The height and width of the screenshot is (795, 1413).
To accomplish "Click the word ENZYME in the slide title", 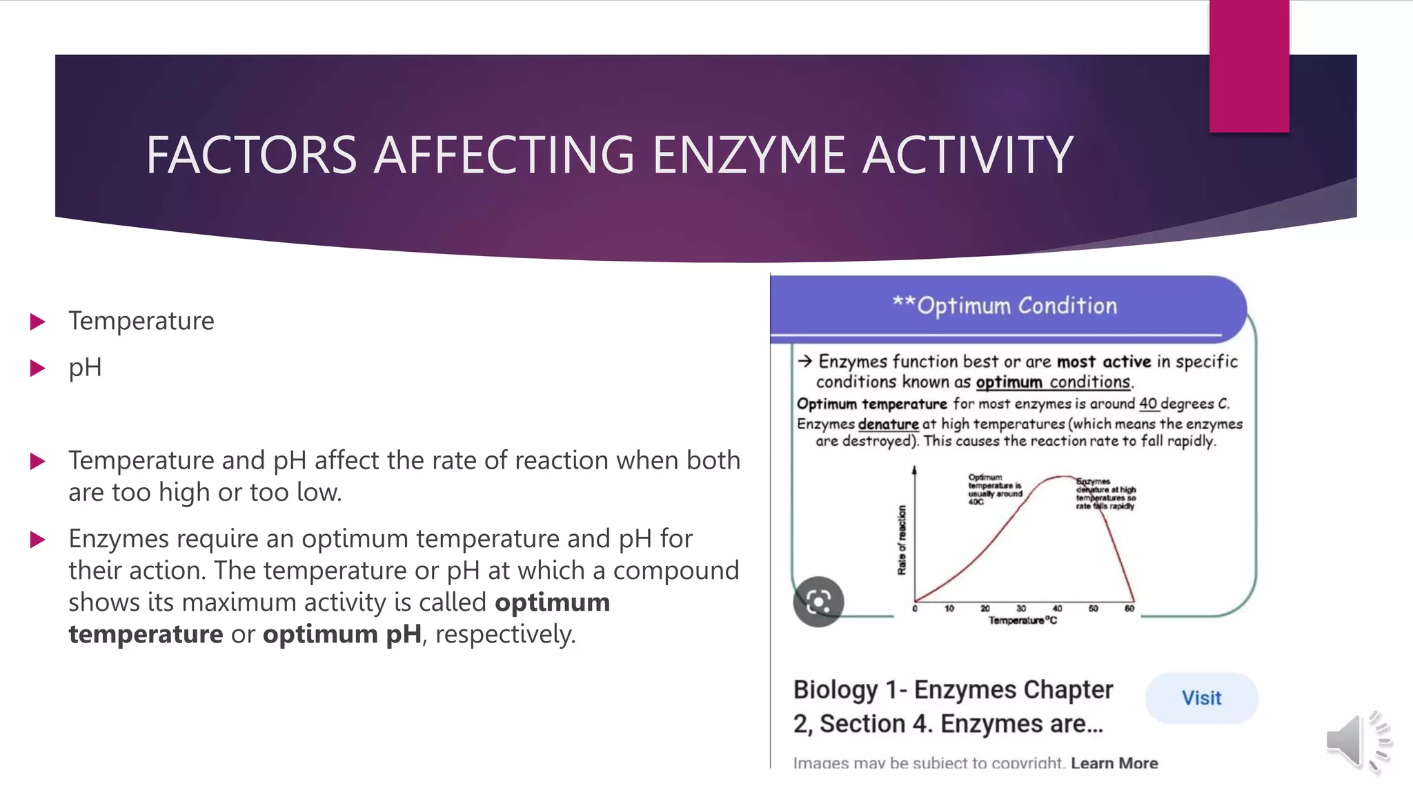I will pos(749,155).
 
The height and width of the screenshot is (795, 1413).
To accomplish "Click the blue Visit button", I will pos(1201,698).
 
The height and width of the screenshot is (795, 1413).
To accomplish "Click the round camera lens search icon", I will pos(818,602).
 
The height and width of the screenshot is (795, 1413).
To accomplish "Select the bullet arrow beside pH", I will pos(38,368).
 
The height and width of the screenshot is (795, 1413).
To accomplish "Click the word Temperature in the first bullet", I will pos(141,321).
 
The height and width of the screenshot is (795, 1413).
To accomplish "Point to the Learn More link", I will pos(1114,763).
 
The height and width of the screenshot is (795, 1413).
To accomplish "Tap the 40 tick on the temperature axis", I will pos(1057,609).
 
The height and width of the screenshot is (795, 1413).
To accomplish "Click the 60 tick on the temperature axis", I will pos(1129,609).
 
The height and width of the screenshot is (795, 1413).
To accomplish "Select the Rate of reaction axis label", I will pos(902,540).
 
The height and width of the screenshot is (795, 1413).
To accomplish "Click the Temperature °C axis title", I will pos(1022,620).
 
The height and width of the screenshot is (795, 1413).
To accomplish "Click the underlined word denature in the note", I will pos(888,424).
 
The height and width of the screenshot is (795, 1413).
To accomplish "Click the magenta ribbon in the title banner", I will pos(1249,66).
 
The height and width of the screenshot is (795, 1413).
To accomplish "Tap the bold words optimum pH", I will pos(342,634).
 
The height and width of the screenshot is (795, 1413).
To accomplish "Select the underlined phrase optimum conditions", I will pos(1053,382).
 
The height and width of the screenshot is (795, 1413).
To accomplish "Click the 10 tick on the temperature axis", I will pos(949,609).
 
